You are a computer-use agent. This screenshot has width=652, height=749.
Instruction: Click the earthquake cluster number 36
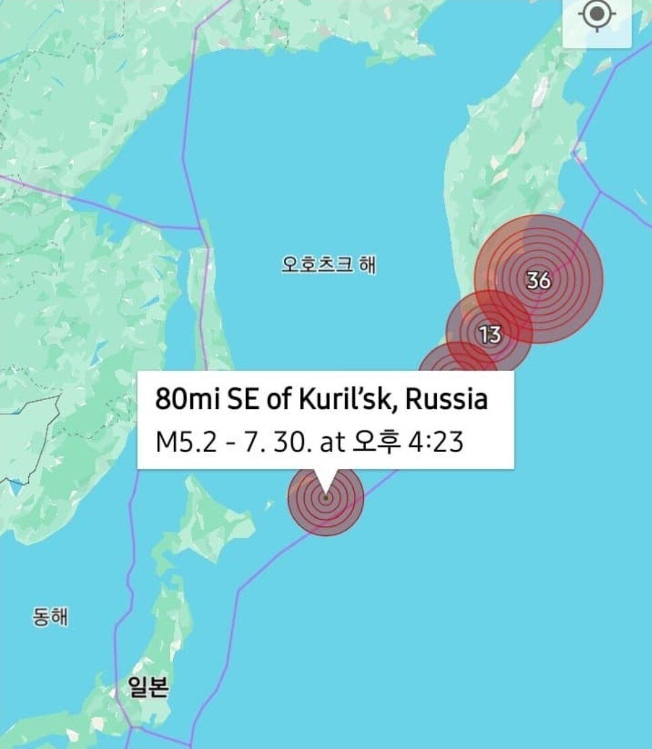coord(539,280)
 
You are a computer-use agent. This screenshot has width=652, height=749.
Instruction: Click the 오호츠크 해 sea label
coord(328,265)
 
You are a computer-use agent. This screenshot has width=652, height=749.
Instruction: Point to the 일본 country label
coord(148,688)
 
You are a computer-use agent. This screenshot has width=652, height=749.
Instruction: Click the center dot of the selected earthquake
coord(326,498)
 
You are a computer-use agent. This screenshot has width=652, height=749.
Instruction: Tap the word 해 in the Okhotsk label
coord(367,265)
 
